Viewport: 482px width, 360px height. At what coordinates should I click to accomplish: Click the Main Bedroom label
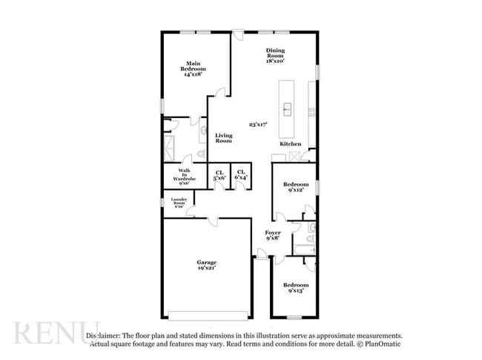coord(194,69)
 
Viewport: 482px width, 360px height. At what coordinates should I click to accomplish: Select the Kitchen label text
coord(289,143)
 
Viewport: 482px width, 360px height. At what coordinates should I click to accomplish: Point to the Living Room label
coord(224,138)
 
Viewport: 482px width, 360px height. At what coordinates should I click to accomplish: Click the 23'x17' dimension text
coord(257,125)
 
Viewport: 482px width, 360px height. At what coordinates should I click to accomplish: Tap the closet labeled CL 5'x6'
coord(219,175)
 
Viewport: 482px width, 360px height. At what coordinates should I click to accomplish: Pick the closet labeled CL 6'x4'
coord(241,175)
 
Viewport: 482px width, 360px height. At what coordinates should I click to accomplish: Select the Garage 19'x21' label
coord(207,265)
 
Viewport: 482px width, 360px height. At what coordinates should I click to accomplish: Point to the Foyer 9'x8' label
coord(272,235)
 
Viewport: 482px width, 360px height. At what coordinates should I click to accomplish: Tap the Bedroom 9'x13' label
coord(296,287)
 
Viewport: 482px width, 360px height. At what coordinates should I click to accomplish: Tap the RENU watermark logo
coord(56,333)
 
